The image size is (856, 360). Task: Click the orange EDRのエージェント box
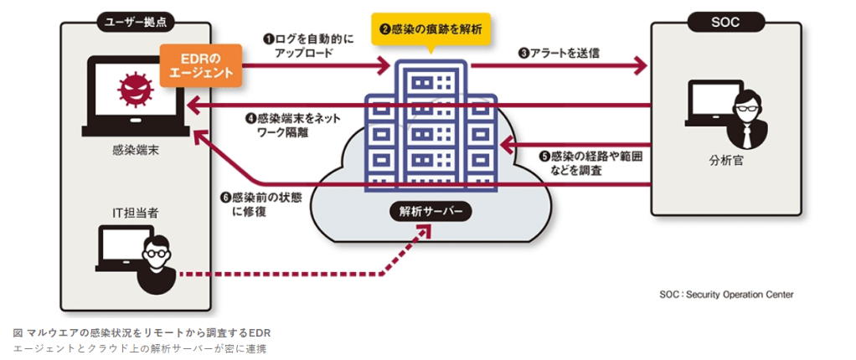click(x=202, y=66)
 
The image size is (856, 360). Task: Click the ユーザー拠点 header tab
click(x=134, y=20)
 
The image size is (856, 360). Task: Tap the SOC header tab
click(x=725, y=20)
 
